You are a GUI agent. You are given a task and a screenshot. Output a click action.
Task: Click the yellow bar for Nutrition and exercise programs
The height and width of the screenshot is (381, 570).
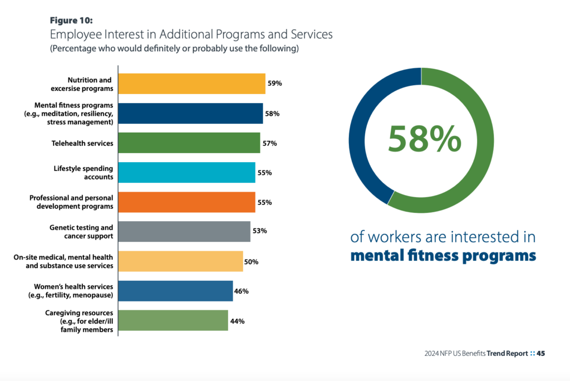191,84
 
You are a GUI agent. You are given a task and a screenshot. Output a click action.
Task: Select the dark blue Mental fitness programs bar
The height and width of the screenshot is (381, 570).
190,113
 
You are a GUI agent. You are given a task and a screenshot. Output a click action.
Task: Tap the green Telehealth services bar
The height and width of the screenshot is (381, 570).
189,143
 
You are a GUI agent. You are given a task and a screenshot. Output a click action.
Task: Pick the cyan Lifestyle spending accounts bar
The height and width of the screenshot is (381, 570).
186,173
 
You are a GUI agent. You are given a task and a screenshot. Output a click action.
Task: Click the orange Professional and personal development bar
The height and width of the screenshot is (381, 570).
186,202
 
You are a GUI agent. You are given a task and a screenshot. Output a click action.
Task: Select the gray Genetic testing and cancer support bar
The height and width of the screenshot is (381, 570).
184,232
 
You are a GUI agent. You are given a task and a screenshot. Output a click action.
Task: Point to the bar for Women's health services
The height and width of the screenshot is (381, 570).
175,291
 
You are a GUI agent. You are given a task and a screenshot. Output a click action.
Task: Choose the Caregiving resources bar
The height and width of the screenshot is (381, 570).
173,321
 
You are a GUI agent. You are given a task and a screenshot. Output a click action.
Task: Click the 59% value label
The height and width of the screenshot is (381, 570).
275,84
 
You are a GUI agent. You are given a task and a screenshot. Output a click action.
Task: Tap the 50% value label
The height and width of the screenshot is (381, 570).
251,261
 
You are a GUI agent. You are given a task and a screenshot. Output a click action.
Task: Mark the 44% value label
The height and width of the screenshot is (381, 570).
238,321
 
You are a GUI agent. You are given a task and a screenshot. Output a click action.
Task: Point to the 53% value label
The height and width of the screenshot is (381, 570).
260,232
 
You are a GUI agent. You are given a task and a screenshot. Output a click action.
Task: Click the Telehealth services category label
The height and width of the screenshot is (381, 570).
83,143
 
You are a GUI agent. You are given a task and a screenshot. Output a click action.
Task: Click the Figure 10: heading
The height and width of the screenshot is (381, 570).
71,21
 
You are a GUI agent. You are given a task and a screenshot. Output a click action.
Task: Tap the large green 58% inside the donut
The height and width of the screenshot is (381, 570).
425,139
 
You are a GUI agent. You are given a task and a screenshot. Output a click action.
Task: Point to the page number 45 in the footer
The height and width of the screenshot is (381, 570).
540,353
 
